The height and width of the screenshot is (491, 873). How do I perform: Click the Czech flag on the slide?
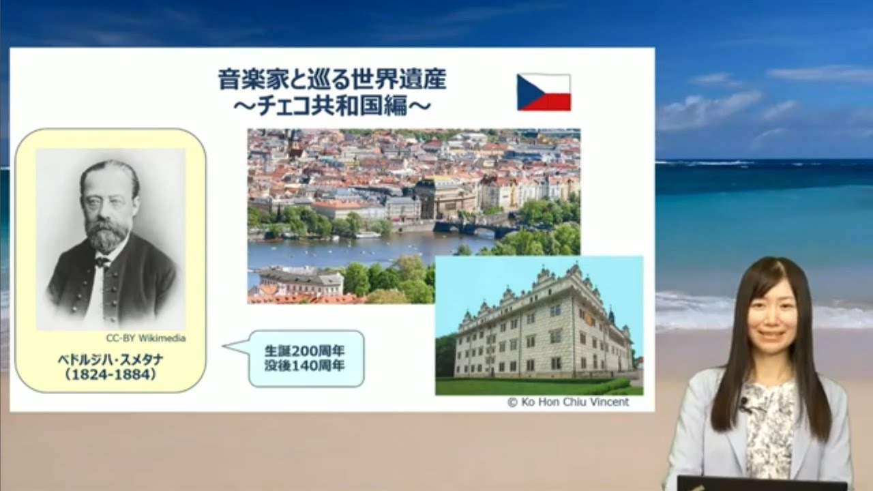tap(544, 92)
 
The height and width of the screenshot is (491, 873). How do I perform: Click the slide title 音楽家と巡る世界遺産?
tap(332, 80)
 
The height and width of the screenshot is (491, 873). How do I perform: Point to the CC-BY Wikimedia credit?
tap(146, 338)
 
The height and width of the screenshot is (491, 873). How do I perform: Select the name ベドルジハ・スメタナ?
tap(110, 359)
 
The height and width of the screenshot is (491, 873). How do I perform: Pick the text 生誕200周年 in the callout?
tap(305, 351)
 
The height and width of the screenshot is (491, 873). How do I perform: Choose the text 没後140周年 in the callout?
tap(305, 366)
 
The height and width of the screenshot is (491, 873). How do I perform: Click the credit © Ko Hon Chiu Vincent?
tap(568, 402)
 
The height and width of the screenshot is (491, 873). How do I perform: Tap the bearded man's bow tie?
tap(102, 261)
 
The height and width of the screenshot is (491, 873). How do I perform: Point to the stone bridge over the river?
tap(471, 228)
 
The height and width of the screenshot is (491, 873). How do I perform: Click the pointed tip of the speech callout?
tap(226, 346)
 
